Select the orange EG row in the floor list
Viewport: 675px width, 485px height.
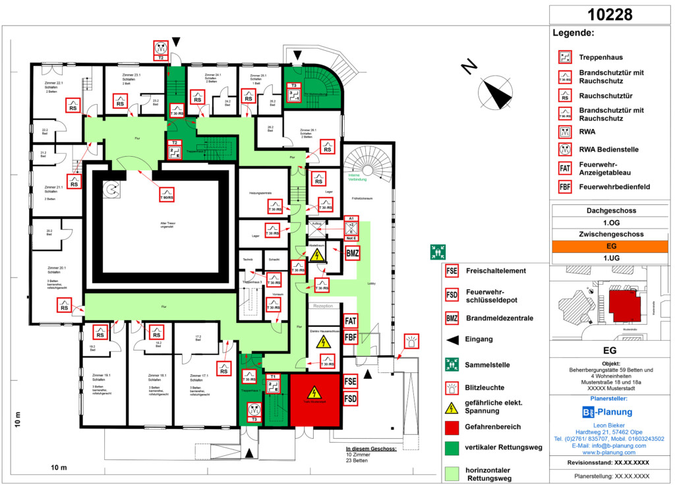(610, 246)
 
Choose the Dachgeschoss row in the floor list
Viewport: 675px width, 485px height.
(610, 211)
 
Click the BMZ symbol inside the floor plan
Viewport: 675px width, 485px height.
(352, 252)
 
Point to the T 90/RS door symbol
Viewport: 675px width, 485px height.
(167, 194)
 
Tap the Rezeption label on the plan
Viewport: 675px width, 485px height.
(323, 306)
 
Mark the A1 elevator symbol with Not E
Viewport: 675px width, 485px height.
(351, 228)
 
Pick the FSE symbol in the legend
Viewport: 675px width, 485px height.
(452, 270)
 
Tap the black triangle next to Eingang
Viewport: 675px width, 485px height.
(452, 340)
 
